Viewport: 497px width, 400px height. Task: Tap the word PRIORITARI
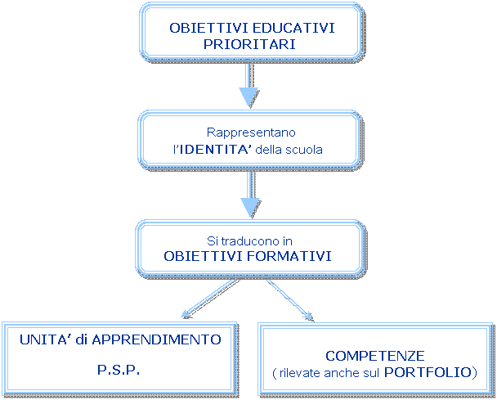(248, 44)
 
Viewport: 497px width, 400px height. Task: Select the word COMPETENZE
(374, 356)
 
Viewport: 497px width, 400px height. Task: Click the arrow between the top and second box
(248, 85)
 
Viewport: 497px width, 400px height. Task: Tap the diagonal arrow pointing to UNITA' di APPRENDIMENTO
(208, 298)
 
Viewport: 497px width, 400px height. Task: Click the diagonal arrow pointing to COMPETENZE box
(290, 299)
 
